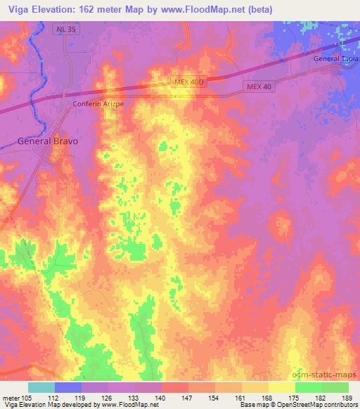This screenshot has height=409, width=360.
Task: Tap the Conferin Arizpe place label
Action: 99,103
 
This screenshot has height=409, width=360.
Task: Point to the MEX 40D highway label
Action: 188,83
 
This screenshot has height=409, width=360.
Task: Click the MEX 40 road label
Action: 259,86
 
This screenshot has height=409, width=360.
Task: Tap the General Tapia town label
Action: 337,59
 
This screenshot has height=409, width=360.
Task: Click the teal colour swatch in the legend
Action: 41,387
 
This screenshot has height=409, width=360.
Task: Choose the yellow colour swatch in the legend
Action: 281,387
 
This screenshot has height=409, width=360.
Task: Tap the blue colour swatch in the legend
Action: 68,387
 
